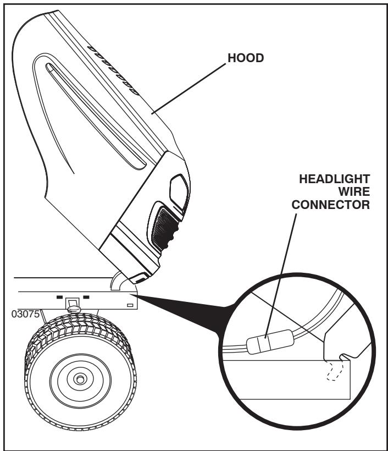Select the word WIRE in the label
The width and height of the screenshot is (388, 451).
356,193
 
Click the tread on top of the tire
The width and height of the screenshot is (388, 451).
77,324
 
